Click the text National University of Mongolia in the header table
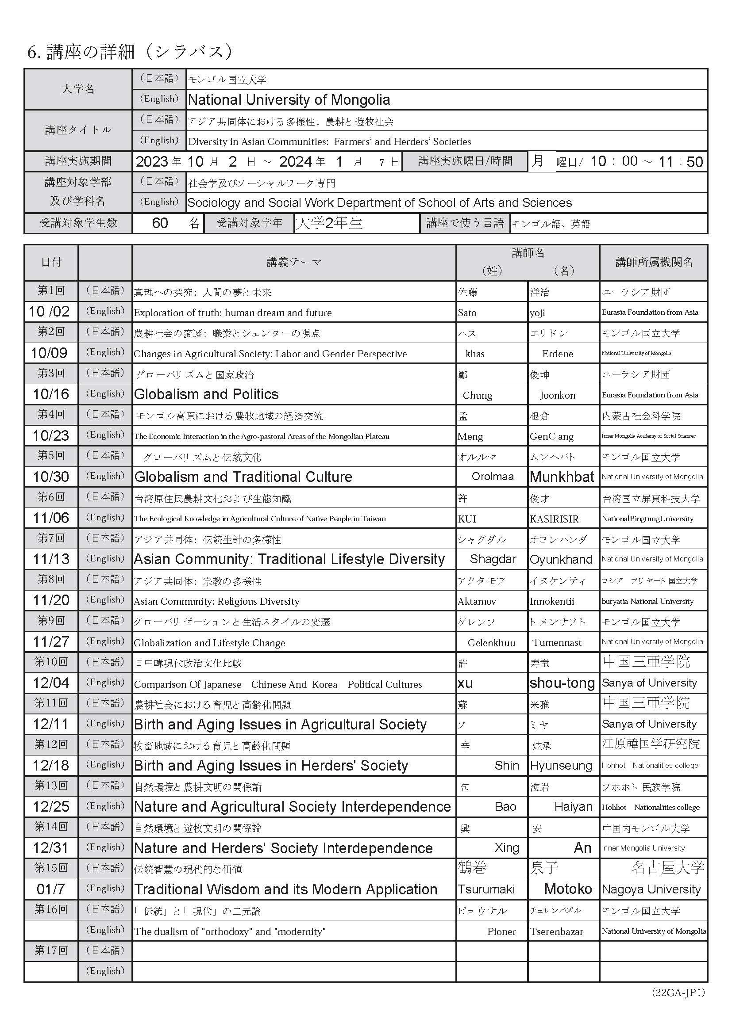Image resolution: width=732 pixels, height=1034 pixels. pos(289,99)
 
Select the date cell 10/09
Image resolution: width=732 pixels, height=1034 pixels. pos(49,353)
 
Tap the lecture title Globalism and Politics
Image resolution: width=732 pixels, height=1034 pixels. pos(206,394)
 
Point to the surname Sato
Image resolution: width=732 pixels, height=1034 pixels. pos(467,313)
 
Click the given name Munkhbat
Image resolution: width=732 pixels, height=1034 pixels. pos(562,477)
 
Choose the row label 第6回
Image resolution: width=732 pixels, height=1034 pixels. pos(51,497)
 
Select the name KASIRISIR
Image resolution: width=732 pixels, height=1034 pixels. pos(554,519)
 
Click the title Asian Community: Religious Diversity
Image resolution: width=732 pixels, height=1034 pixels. pos(216,601)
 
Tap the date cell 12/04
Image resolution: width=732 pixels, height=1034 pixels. pos(51,683)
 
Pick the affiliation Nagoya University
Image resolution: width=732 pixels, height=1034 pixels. pos(651,889)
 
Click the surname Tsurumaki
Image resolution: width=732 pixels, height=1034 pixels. pos(486,889)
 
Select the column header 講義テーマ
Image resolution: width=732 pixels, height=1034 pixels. pos(293,262)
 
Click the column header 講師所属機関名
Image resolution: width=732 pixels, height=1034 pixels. pos(654,262)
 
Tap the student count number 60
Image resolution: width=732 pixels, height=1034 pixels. pos(160,223)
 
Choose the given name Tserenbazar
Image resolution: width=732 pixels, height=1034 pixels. pos(556,931)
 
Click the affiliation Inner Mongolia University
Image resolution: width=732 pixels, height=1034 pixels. pos(643,848)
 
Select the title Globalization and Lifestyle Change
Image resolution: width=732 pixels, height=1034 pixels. pos(209,643)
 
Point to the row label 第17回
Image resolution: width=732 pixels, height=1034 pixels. pos(51,951)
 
